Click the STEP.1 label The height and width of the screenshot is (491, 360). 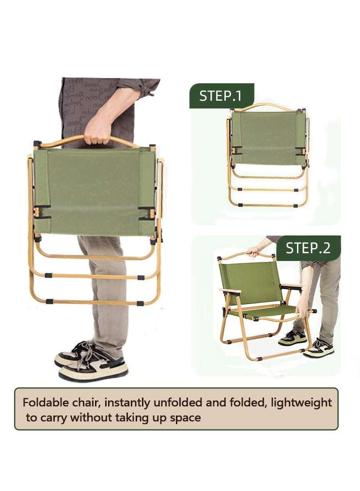click(221, 95)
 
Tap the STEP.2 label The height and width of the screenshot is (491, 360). click(308, 248)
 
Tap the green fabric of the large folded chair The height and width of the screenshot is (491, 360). click(94, 191)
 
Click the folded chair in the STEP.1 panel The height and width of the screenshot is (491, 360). click(268, 155)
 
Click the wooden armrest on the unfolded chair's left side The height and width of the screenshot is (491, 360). click(230, 291)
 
